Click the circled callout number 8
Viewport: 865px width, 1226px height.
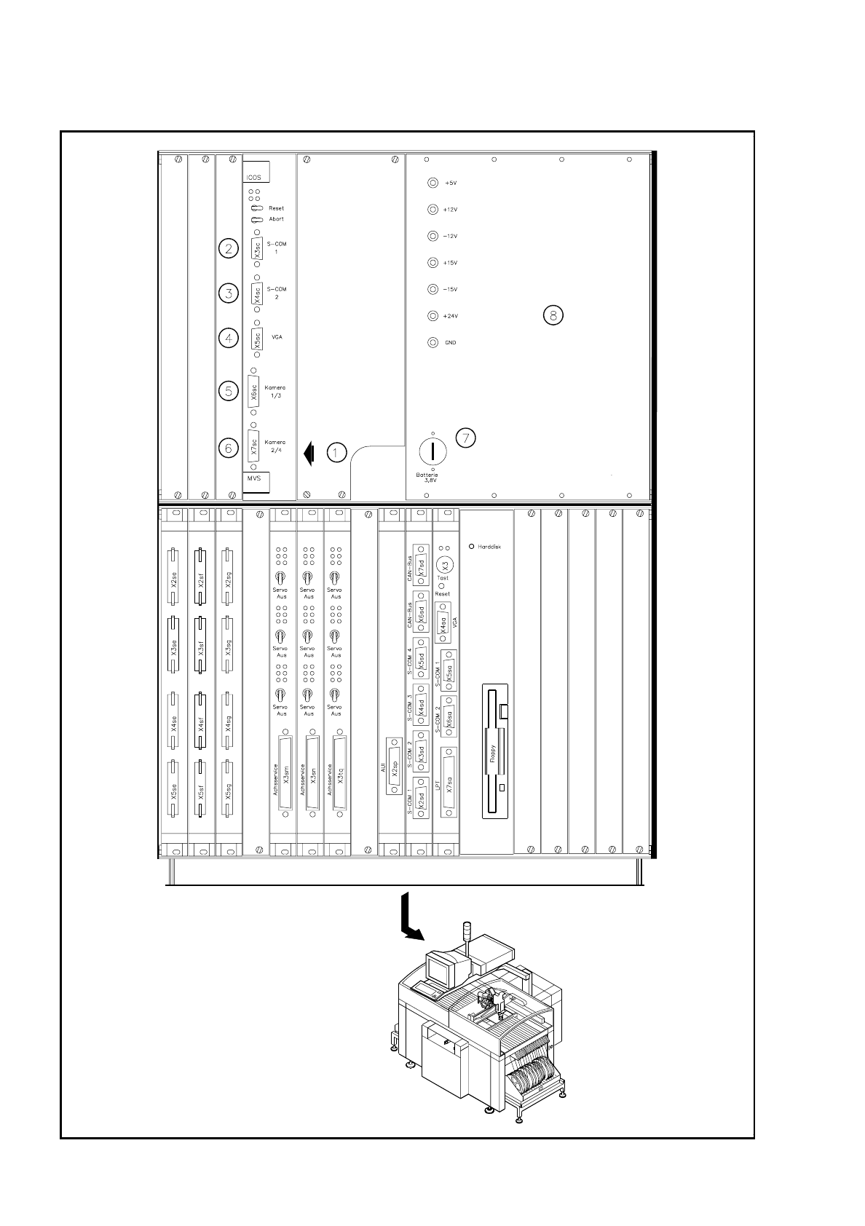tap(553, 315)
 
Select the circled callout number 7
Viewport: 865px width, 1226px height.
tap(466, 438)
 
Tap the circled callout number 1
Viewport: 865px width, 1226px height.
tap(336, 453)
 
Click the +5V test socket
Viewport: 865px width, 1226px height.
tap(432, 183)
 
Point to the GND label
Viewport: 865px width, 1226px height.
tap(451, 343)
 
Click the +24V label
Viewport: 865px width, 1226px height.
tap(451, 316)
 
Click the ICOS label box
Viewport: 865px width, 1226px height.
tap(256, 172)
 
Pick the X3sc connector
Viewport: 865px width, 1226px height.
tap(256, 249)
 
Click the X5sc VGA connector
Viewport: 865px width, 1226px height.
tap(256, 339)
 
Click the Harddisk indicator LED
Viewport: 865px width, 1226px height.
tap(472, 546)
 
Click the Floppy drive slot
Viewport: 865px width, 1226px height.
tap(494, 751)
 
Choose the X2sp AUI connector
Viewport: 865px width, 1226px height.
tap(394, 767)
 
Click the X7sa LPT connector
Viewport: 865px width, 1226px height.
tap(449, 781)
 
